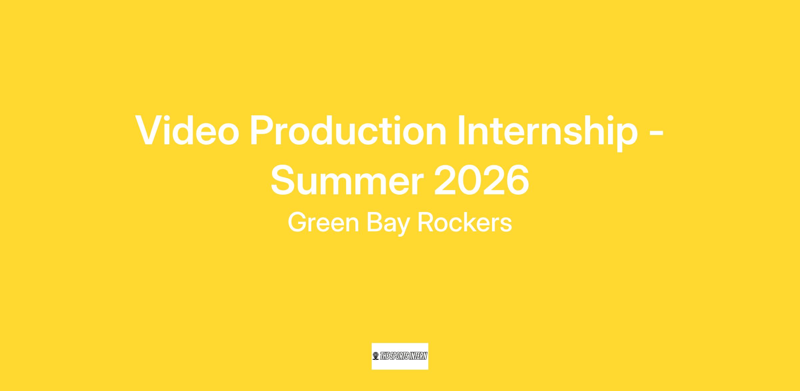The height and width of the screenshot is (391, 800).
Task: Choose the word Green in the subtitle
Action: [x=323, y=223]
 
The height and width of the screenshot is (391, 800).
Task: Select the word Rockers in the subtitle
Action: [x=465, y=223]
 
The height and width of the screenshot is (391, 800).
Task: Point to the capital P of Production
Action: [x=263, y=130]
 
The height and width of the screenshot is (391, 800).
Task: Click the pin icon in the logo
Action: [x=376, y=356]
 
